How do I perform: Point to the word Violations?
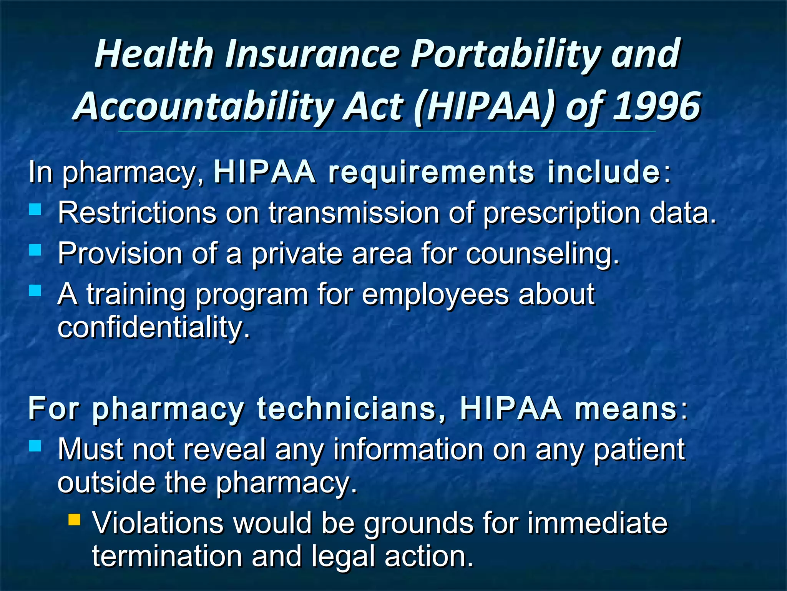click(158, 523)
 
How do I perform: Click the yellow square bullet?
click(74, 520)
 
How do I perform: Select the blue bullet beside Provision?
click(35, 250)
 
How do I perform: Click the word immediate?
click(598, 523)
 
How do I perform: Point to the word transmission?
click(354, 212)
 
